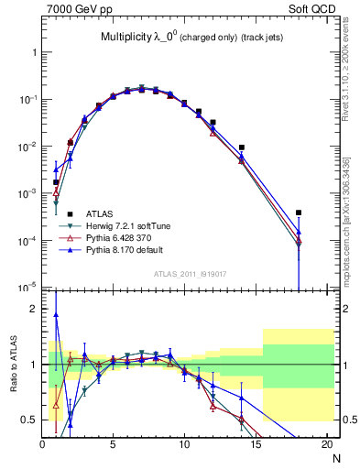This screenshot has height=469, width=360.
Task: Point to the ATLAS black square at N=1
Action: pyautogui.click(x=56, y=182)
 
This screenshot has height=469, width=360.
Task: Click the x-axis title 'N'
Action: pyautogui.click(x=337, y=458)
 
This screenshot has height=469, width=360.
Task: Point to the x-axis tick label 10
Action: pyautogui.click(x=184, y=445)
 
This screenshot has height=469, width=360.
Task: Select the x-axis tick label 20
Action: pyautogui.click(x=326, y=445)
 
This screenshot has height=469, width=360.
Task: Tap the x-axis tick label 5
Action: pyautogui.click(x=113, y=445)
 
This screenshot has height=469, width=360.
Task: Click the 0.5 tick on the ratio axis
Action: pyautogui.click(x=28, y=420)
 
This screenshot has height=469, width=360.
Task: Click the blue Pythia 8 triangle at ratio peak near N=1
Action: pyautogui.click(x=56, y=315)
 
